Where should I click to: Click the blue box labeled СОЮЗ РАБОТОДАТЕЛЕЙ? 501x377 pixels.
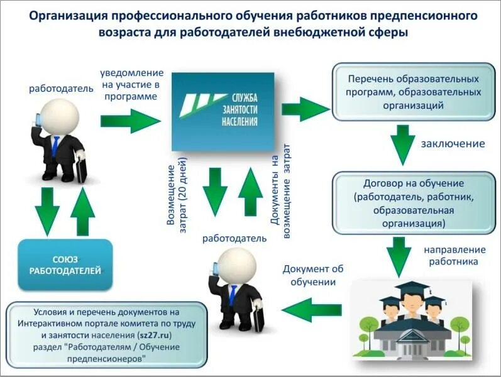(x=65, y=265)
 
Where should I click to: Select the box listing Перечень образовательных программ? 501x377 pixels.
(x=413, y=90)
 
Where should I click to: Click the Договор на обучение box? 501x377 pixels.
(x=413, y=203)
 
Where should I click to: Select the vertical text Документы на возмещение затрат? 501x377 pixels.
(x=280, y=192)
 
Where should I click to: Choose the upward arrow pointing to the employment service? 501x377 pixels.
(x=250, y=192)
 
